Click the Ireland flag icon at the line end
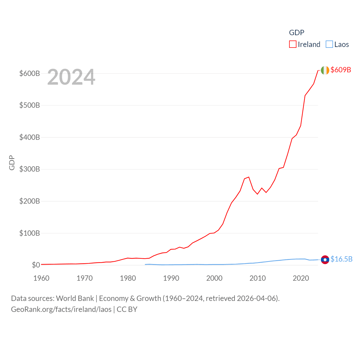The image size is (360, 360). [325, 70]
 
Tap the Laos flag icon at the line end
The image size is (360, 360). [325, 260]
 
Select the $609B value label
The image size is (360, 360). [341, 70]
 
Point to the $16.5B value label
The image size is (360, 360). [341, 259]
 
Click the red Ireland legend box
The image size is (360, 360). [293, 44]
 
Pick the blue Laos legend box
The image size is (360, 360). [329, 44]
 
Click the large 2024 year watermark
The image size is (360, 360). [71, 77]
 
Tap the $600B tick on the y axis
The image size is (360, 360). [30, 73]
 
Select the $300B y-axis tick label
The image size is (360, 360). [30, 169]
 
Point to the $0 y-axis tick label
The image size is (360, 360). [36, 265]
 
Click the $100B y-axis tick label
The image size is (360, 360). [30, 233]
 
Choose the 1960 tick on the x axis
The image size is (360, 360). [41, 278]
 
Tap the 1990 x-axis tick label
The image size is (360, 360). [171, 278]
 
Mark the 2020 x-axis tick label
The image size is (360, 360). [301, 278]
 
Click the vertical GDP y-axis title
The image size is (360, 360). [12, 163]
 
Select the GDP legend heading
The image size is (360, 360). [296, 33]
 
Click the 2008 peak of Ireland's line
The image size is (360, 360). [249, 177]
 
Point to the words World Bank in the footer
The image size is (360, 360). [75, 298]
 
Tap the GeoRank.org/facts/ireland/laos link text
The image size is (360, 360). [61, 309]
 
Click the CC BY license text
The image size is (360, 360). [127, 309]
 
